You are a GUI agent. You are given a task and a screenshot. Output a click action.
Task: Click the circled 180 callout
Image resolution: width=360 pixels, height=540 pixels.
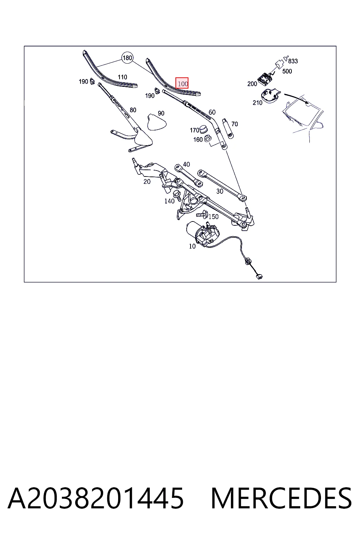click(127, 58)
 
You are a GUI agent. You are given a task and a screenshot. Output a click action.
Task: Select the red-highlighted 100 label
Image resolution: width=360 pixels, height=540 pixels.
click(182, 83)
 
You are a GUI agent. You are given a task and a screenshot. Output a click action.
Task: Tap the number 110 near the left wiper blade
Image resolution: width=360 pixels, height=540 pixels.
click(122, 77)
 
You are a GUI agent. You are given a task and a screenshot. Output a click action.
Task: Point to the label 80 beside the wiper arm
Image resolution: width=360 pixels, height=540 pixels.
click(133, 110)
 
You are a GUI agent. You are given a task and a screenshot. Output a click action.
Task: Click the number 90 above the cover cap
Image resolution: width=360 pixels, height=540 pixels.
click(161, 113)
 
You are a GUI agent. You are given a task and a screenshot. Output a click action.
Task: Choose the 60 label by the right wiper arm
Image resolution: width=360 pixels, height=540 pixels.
click(212, 112)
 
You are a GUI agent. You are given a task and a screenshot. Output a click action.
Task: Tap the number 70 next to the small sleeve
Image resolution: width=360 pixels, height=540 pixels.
click(234, 124)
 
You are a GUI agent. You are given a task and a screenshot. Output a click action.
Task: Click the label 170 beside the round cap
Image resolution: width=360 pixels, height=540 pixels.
click(194, 130)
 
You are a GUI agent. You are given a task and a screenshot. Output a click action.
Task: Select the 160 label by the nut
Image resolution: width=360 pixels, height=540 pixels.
click(198, 140)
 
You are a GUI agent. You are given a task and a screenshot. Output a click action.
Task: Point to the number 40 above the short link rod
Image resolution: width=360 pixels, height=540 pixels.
click(186, 165)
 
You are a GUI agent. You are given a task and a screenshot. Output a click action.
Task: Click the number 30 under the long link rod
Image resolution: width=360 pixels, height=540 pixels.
click(219, 191)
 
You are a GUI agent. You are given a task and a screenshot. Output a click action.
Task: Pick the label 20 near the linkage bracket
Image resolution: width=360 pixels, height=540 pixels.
click(147, 182)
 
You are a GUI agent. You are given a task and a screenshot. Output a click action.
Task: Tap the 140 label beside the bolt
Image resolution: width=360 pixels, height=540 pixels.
click(169, 201)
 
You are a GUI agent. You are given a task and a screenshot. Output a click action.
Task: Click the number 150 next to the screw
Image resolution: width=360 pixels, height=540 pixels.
click(213, 217)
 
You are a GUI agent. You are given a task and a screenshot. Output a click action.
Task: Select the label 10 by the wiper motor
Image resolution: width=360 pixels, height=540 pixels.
click(192, 246)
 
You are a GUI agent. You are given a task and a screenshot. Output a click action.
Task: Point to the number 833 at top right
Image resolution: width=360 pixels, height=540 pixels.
click(293, 61)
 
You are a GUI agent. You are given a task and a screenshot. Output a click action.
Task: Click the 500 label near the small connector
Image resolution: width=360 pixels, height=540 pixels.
click(287, 71)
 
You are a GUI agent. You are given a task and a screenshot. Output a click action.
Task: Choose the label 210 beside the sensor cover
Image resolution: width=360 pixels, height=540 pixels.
click(257, 103)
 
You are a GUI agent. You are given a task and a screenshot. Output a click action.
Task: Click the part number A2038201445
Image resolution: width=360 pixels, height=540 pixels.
click(96, 498)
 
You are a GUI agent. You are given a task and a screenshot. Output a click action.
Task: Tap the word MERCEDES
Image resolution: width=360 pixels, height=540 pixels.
click(281, 498)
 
